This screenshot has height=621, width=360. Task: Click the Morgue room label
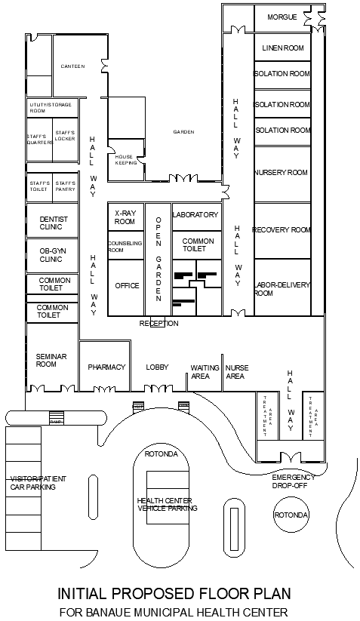[282, 16]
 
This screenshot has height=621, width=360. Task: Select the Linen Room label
[282, 48]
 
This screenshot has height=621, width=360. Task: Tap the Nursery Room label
[282, 173]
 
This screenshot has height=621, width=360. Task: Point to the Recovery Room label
[282, 229]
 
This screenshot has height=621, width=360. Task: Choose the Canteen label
[72, 66]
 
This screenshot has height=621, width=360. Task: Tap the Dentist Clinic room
[52, 223]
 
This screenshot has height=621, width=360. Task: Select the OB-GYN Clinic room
[52, 254]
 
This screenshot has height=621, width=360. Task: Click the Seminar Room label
[46, 361]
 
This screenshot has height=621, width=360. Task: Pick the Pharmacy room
[106, 367]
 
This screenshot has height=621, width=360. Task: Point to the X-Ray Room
[125, 218]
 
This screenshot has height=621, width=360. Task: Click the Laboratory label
[195, 215]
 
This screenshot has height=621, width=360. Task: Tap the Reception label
[159, 324]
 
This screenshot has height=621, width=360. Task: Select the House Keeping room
[125, 159]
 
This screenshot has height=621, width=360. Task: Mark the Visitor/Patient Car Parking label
[32, 483]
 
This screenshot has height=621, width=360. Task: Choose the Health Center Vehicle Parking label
[167, 505]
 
